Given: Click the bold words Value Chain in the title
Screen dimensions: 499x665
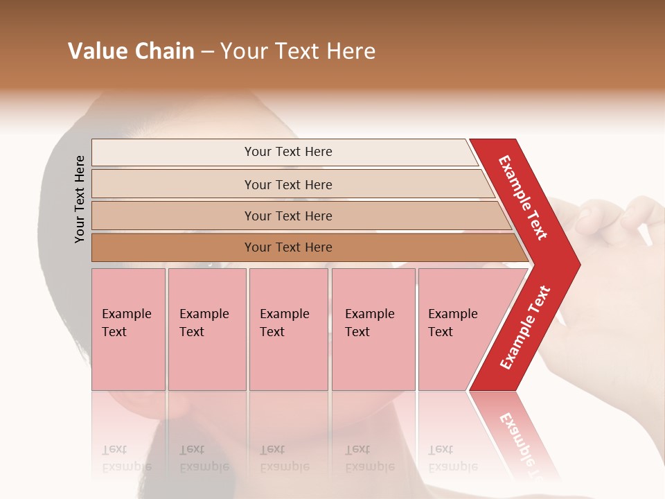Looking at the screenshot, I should (x=131, y=51).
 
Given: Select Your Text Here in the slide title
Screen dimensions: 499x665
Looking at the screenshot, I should (x=298, y=51).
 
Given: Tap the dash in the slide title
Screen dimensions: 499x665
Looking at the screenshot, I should (x=207, y=52).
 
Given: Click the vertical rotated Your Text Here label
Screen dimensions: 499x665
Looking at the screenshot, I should (x=80, y=199).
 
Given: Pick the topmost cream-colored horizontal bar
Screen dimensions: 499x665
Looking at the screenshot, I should (x=287, y=152).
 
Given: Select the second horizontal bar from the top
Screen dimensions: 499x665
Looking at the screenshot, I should (x=287, y=184).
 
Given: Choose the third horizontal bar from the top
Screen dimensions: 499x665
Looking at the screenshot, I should (x=287, y=216).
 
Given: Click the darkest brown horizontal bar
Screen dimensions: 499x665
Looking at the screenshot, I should (x=287, y=247).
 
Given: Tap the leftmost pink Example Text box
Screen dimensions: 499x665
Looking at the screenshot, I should (x=128, y=329).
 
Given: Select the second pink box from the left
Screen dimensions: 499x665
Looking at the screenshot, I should (x=206, y=329).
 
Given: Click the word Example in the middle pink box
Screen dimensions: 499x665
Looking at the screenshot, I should (x=284, y=314).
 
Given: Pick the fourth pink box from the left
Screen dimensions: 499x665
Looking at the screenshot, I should (x=373, y=329).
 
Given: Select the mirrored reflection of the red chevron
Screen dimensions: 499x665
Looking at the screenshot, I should (x=516, y=433).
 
